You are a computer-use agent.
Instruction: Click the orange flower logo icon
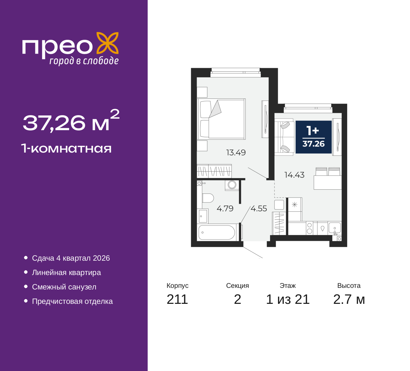point(107,43)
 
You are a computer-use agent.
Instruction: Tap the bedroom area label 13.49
point(236,153)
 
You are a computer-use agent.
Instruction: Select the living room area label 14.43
point(294,175)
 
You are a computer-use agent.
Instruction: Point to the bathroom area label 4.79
point(225,209)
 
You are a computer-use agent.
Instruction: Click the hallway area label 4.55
point(259,209)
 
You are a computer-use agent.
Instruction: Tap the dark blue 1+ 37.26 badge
point(314,137)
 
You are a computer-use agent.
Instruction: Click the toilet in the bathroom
point(208,198)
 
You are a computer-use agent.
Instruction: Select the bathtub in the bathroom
point(217,233)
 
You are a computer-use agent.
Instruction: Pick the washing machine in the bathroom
point(232,185)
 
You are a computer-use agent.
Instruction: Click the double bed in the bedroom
point(221,119)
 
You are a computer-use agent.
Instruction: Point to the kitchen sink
point(335,228)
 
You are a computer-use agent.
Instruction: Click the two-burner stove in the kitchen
point(309,228)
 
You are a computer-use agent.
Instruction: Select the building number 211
point(177,299)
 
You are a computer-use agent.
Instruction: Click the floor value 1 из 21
point(288,299)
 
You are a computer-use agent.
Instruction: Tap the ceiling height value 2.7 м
point(349,299)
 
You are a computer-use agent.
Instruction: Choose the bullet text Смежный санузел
point(64,287)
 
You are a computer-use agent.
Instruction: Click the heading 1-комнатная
point(66,149)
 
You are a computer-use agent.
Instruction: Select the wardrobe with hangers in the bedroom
point(214,171)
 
